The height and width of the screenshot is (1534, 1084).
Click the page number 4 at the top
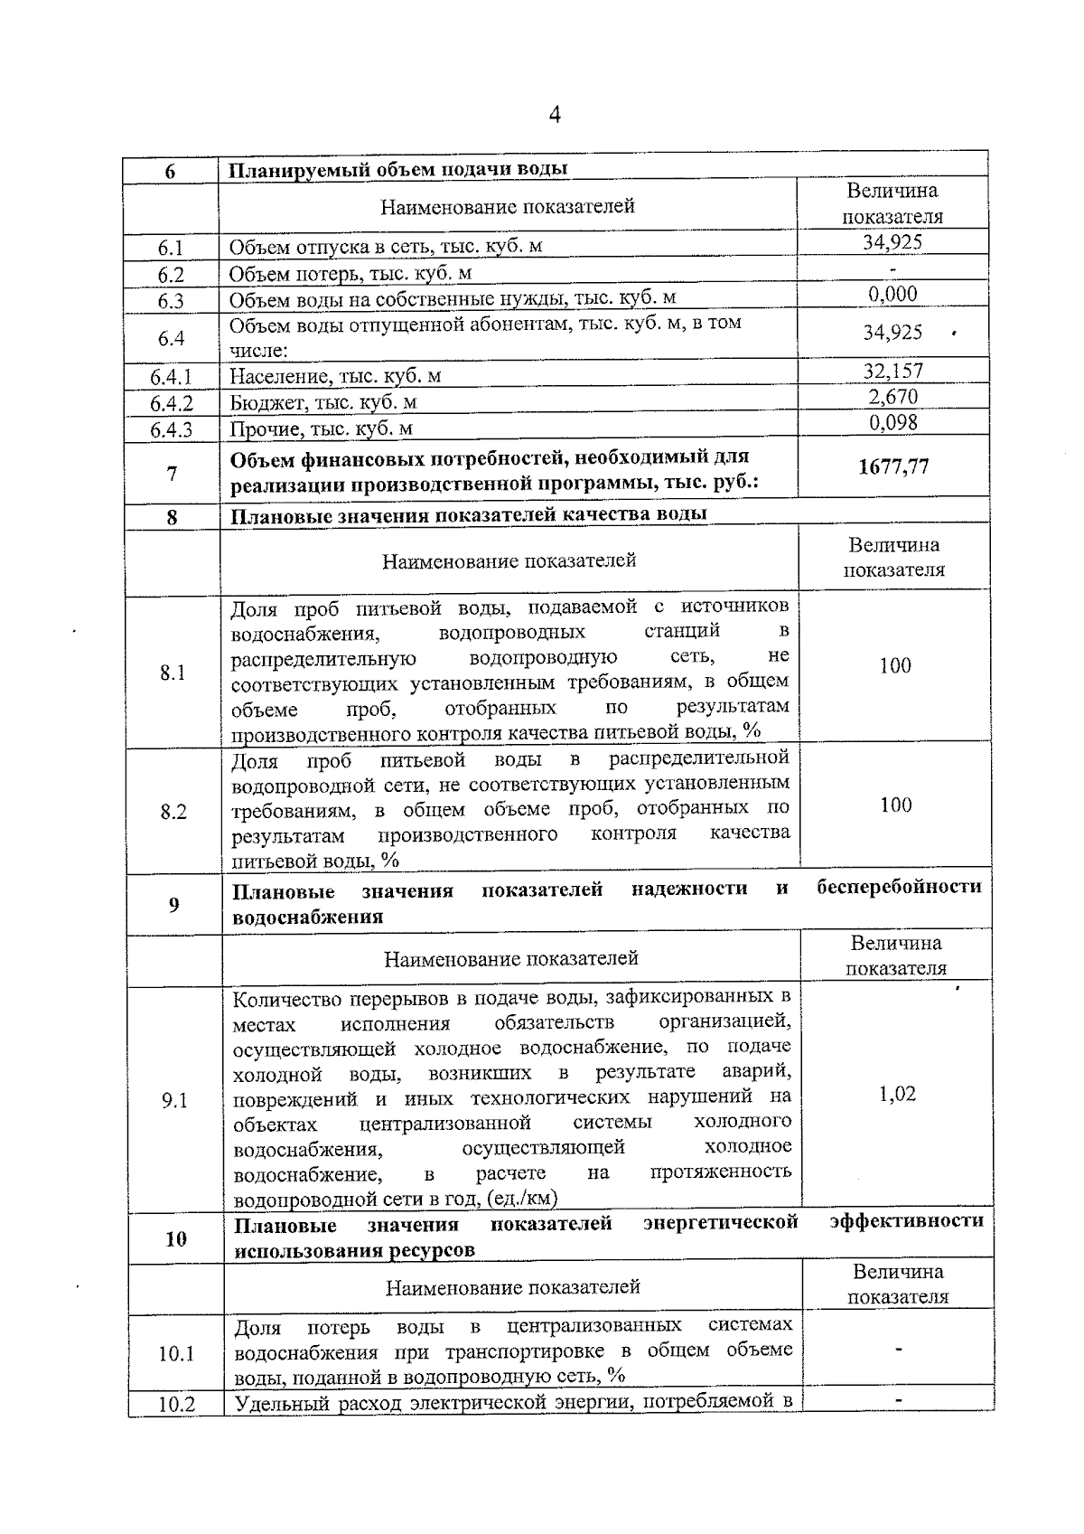click(x=555, y=115)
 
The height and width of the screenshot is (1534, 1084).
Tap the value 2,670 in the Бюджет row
click(x=892, y=397)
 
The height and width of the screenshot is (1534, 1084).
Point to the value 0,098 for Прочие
click(x=892, y=423)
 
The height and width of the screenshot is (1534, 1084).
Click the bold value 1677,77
click(x=892, y=467)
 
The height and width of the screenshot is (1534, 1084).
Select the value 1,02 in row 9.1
click(x=896, y=1095)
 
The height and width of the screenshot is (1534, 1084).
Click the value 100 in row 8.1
click(x=894, y=666)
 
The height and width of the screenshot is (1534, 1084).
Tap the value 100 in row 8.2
click(x=895, y=805)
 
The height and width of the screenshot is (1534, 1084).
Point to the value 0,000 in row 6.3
click(x=892, y=294)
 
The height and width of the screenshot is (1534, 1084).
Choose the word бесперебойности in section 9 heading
click(x=899, y=887)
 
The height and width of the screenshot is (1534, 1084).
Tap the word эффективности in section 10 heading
click(x=906, y=1221)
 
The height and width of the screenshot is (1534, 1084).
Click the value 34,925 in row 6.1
click(x=892, y=242)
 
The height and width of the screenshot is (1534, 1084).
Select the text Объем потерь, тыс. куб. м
click(x=350, y=274)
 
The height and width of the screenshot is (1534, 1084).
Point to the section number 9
click(x=173, y=905)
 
